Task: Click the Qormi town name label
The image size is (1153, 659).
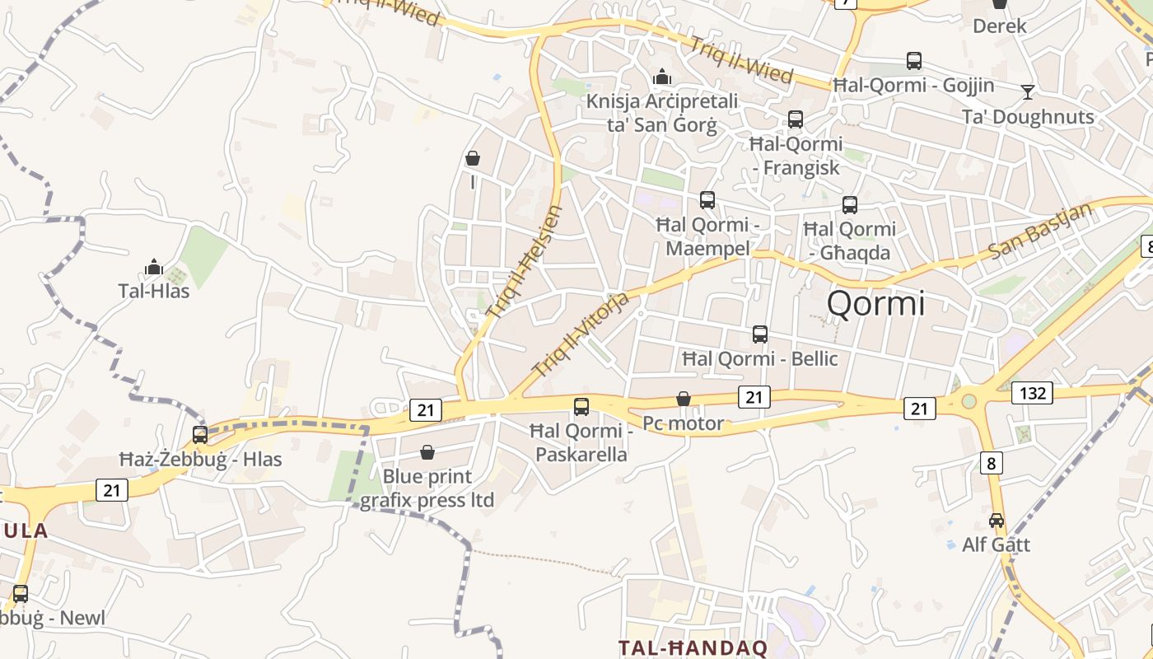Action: (x=875, y=303)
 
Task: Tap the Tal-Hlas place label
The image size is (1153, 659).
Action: (x=154, y=291)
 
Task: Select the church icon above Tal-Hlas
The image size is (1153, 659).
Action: (x=154, y=267)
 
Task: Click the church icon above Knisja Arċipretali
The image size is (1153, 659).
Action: (x=662, y=77)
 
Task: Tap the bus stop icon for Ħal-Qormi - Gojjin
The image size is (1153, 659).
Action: (x=914, y=60)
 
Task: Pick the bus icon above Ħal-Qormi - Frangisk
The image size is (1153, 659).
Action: (x=796, y=119)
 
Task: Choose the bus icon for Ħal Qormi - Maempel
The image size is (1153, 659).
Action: (x=707, y=200)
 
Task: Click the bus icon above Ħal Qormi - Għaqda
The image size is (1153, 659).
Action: (x=850, y=204)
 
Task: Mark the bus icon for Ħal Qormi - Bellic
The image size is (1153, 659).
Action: (x=760, y=334)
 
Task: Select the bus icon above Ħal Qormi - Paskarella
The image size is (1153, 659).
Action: (x=581, y=406)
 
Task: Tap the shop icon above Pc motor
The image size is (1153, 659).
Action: (x=684, y=400)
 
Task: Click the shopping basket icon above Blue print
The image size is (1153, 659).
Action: (x=427, y=452)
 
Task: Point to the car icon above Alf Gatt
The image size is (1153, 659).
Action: (x=997, y=521)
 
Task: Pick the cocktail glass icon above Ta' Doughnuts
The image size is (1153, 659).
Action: (x=1028, y=91)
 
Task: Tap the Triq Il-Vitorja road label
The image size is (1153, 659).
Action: (x=581, y=334)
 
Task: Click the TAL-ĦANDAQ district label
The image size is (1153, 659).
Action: (x=693, y=647)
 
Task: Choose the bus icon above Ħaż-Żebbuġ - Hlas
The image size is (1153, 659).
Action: (x=200, y=435)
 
